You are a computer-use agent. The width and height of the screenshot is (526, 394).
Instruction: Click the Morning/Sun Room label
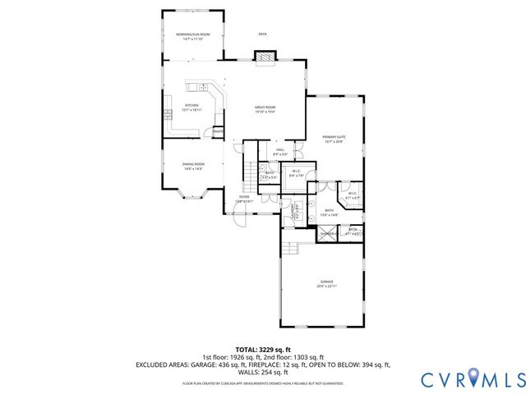coord(193,34)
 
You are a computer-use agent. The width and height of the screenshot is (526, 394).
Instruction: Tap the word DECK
coord(263,34)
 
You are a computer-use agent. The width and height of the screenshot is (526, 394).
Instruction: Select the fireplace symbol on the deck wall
coord(265,57)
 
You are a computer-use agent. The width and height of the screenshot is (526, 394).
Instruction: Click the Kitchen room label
coord(191,105)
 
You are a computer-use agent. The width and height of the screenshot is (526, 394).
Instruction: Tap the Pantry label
coord(218,131)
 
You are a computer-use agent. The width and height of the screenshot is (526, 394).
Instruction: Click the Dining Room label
coord(193,164)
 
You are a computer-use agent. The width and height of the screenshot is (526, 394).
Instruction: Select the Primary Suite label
coord(334,137)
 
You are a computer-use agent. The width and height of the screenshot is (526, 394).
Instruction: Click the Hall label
coord(280,150)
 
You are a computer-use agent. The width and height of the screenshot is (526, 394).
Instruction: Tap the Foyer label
coord(244,197)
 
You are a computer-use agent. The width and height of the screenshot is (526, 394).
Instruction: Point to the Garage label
coord(321,282)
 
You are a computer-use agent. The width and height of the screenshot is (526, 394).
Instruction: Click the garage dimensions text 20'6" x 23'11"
coord(321,286)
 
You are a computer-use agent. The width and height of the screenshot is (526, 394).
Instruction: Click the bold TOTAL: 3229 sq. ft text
coord(263,349)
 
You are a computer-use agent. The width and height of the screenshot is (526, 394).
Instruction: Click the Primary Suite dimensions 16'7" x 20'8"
coord(334,142)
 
